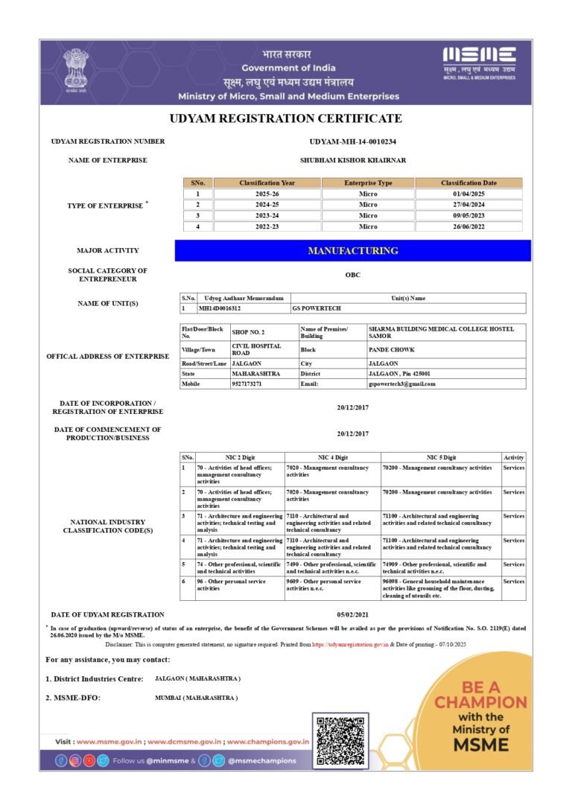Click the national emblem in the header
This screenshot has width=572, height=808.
pos(75,68)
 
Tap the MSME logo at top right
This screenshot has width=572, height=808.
pos(479,60)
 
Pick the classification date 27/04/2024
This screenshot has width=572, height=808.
pos(468,204)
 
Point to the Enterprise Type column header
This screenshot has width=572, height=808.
pos(368,182)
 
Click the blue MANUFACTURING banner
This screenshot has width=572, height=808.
pos(352,251)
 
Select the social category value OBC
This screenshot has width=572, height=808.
pos(352,275)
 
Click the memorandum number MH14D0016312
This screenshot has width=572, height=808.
pos(220,308)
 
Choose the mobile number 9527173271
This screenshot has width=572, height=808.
pos(247,384)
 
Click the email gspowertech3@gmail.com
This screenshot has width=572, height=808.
pos(402,384)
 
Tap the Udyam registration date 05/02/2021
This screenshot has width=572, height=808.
pos(352,614)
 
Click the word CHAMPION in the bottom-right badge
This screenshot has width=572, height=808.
pos(480,702)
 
